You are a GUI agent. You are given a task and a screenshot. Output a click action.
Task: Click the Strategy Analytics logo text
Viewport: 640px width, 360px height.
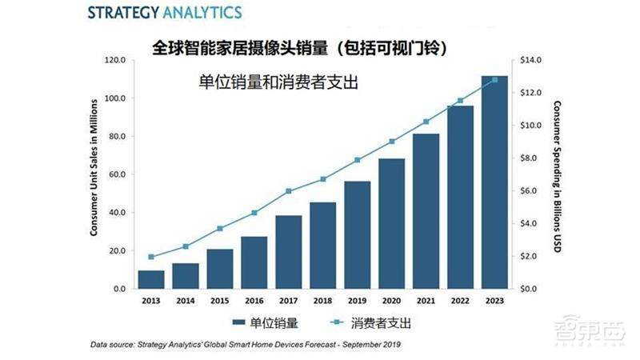[x=143, y=14]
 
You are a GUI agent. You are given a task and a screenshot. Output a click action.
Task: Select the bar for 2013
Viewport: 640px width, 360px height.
[x=150, y=279]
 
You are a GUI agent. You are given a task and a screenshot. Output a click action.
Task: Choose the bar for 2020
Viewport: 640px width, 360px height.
[x=391, y=223]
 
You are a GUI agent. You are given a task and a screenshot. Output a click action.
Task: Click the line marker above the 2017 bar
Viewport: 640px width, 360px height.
[x=288, y=191]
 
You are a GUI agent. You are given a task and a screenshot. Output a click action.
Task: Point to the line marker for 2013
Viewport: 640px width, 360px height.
[x=150, y=257]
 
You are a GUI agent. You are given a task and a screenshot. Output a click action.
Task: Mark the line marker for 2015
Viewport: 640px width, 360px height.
[x=219, y=229]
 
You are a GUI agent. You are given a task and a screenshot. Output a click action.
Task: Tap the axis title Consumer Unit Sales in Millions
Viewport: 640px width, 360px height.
[x=94, y=168]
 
